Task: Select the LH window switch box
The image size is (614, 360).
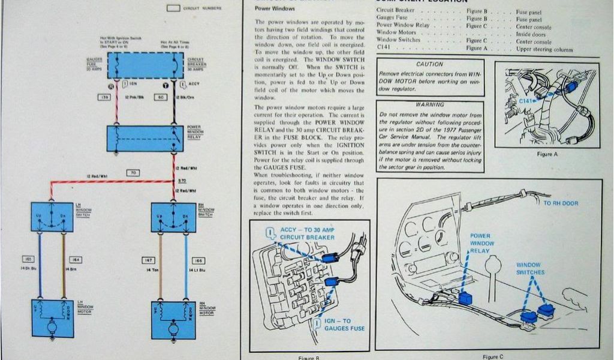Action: (52, 217)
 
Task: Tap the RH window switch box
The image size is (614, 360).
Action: (173, 217)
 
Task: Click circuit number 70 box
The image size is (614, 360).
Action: (135, 173)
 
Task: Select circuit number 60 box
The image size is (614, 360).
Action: (160, 97)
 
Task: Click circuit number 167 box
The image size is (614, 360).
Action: (148, 260)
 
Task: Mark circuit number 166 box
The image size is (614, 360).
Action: (198, 260)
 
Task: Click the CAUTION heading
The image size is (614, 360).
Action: (429, 64)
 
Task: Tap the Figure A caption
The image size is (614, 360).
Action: (546, 154)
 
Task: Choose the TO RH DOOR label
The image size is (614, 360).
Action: (561, 203)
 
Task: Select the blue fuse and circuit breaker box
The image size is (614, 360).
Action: (145, 65)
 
